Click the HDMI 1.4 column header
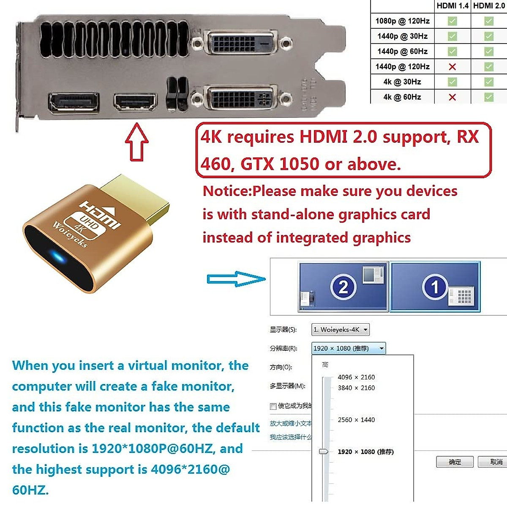(452, 6)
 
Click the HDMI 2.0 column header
(489, 6)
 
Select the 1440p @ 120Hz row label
(402, 67)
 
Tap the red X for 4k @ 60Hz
(452, 97)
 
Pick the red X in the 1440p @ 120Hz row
(452, 67)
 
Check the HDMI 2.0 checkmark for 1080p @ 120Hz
(489, 21)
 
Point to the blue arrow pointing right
(236, 279)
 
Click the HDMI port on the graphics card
(135, 102)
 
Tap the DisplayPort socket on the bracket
(74, 103)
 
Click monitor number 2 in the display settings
(343, 287)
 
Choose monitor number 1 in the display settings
(435, 287)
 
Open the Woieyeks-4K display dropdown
(341, 330)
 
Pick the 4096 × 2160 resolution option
(356, 377)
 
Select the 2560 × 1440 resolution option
(356, 420)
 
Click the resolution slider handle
(324, 452)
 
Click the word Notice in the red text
(227, 191)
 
